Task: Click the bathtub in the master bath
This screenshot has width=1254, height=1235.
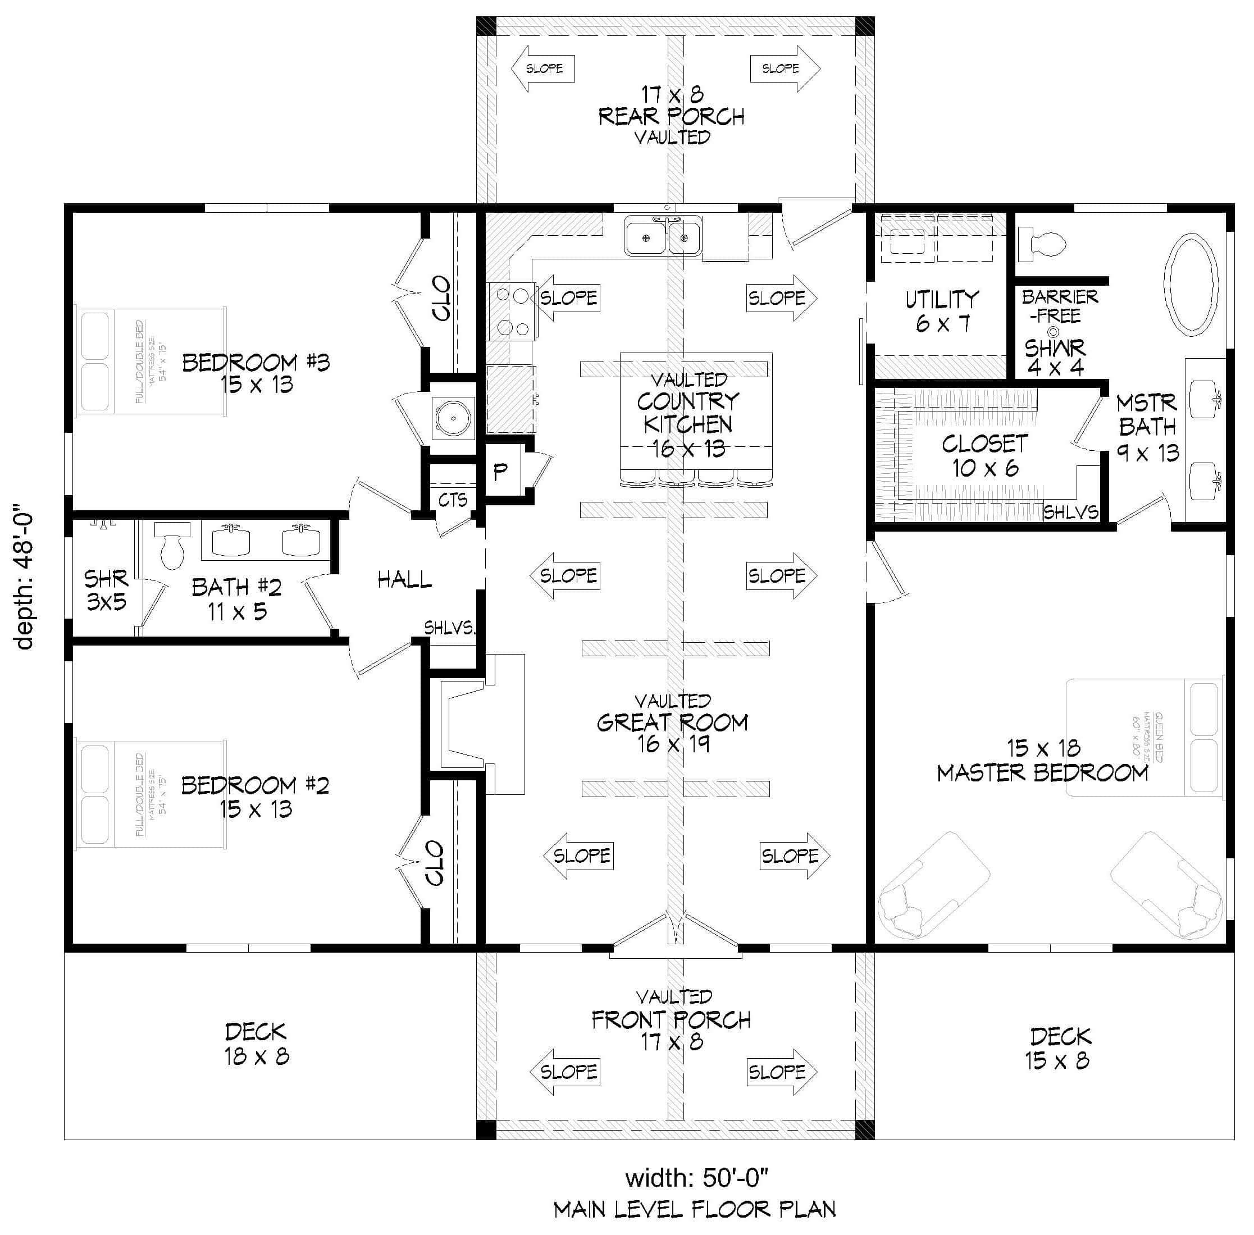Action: click(x=1190, y=285)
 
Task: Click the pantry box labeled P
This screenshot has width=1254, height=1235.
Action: click(x=500, y=472)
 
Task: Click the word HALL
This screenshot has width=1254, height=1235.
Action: click(x=404, y=579)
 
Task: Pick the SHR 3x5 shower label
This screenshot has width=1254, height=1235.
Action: click(x=106, y=589)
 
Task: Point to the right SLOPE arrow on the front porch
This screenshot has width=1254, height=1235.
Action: click(x=782, y=1072)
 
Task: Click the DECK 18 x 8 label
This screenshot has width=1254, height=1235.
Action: click(x=256, y=1044)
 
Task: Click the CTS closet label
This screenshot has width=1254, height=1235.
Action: click(x=452, y=500)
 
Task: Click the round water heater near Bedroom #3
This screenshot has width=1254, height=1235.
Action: click(x=452, y=417)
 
